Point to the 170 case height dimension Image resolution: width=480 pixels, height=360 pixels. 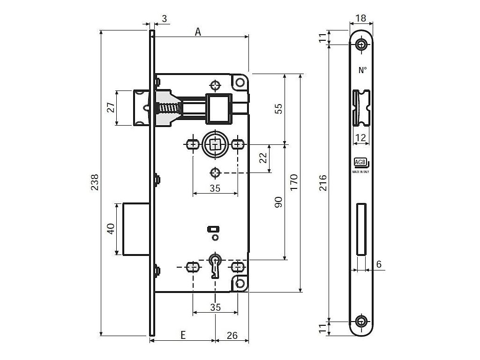coord(293,181)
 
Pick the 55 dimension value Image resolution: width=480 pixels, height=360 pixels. coord(278,109)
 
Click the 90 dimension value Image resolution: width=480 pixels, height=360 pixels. coord(278,202)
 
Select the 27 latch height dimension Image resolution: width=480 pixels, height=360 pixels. coord(111,107)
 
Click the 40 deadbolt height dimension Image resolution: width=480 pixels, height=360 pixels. coord(111,229)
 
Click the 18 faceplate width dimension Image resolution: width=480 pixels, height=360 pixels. coord(361,18)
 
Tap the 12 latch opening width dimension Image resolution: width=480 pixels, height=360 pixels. coord(360,138)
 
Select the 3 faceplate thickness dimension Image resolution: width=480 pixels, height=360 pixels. coord(164,19)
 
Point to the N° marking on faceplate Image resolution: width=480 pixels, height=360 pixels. coord(362,71)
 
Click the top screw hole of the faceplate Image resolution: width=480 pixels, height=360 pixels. coord(361,45)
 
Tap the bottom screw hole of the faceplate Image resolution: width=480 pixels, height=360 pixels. coord(361,322)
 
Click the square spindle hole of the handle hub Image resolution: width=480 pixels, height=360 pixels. coord(215,144)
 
